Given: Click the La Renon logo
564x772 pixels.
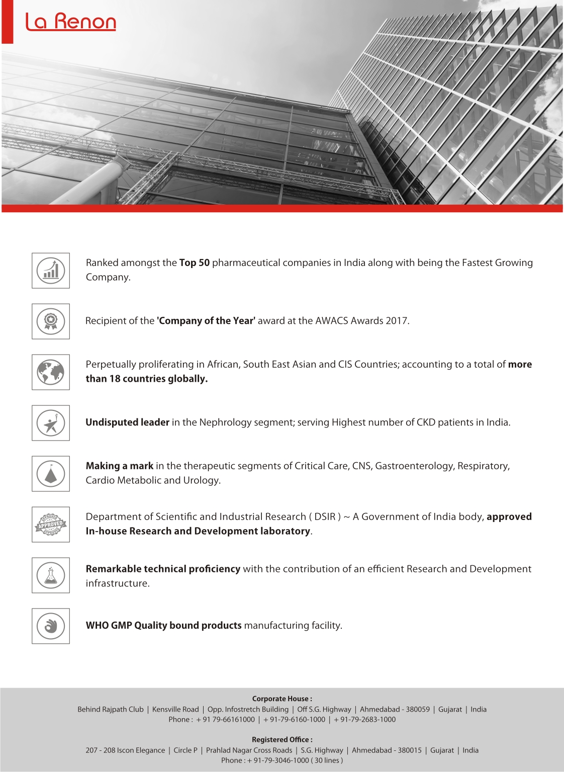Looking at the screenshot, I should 70,22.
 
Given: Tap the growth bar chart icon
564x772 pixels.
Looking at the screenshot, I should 51,271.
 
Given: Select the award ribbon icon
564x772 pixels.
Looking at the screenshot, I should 51,321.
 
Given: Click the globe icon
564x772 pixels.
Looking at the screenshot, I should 51,372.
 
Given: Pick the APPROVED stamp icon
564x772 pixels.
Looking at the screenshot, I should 51,525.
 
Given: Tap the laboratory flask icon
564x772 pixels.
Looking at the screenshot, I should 51,575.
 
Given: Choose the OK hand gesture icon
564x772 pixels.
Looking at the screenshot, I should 51,626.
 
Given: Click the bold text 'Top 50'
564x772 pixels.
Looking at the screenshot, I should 195,263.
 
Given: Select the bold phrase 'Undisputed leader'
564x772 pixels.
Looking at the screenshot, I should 127,422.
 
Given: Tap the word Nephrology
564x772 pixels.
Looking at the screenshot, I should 224,422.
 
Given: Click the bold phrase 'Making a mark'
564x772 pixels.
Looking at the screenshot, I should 120,466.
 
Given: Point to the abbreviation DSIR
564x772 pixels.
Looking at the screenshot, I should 325,517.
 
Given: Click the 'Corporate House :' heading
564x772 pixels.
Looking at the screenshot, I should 282,699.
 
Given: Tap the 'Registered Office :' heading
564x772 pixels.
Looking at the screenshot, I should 282,739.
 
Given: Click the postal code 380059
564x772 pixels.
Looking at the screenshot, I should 418,709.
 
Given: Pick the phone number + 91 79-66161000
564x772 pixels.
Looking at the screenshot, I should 226,719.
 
